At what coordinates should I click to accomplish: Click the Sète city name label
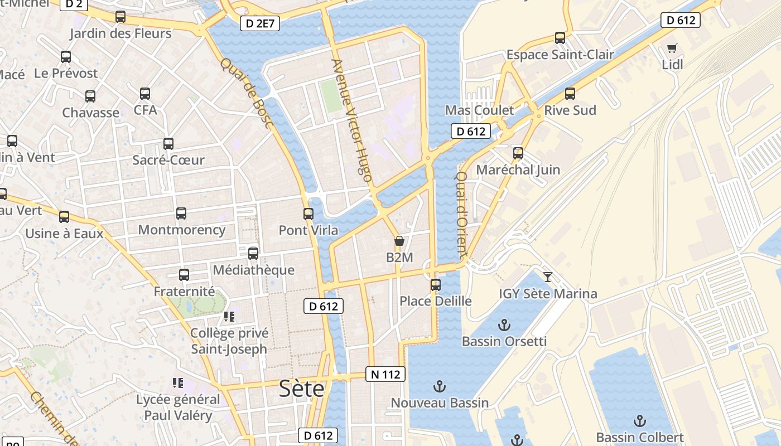pyautogui.click(x=301, y=388)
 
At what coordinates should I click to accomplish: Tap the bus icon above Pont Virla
pyautogui.click(x=308, y=214)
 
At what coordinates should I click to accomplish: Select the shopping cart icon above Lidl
pyautogui.click(x=672, y=49)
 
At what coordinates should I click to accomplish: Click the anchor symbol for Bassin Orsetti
pyautogui.click(x=504, y=324)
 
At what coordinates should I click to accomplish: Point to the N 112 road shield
pyautogui.click(x=385, y=374)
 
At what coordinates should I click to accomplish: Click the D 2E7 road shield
pyautogui.click(x=260, y=24)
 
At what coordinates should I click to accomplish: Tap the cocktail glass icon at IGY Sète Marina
pyautogui.click(x=548, y=277)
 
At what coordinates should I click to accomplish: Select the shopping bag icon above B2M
pyautogui.click(x=399, y=241)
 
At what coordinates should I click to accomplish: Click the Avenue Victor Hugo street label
pyautogui.click(x=351, y=120)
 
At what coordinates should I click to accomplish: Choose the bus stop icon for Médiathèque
pyautogui.click(x=253, y=254)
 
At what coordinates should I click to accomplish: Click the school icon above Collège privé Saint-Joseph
pyautogui.click(x=229, y=317)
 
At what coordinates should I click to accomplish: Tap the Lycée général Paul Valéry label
pyautogui.click(x=178, y=408)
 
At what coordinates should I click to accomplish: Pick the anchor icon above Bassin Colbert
pyautogui.click(x=639, y=421)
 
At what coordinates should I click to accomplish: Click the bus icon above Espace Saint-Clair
pyautogui.click(x=560, y=38)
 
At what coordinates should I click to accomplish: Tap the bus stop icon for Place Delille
pyautogui.click(x=435, y=285)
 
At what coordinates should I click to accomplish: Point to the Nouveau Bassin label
pyautogui.click(x=440, y=403)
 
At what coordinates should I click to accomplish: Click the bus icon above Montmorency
pyautogui.click(x=181, y=214)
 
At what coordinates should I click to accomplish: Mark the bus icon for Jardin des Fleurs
pyautogui.click(x=120, y=17)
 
